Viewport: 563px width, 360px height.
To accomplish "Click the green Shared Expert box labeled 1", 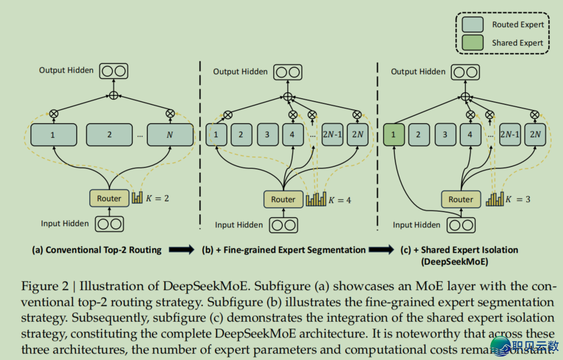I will (393, 135).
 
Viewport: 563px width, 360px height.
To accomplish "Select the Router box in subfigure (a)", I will (109, 198).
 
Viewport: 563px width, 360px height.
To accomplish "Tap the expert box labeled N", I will (170, 135).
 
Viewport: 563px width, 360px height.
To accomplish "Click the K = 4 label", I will (340, 200).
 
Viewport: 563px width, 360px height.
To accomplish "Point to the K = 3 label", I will (518, 199).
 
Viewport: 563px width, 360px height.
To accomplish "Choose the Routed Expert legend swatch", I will (472, 24).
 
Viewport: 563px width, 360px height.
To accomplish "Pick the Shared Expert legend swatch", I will (472, 42).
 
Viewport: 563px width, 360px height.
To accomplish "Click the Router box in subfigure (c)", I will (461, 199).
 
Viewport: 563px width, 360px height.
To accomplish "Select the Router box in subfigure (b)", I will (283, 199).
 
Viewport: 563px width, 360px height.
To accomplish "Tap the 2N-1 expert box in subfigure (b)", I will (332, 135).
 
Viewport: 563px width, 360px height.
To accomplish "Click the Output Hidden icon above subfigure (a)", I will (114, 71).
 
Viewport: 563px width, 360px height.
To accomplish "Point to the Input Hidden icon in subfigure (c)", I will (461, 225).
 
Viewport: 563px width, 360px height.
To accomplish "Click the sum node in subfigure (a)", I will (114, 95).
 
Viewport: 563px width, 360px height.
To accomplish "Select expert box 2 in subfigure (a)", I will (109, 135).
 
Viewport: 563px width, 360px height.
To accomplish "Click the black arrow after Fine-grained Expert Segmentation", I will (381, 249).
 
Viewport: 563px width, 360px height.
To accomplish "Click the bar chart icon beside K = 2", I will (137, 197).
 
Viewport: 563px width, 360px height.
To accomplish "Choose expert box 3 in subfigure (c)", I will (445, 135).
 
